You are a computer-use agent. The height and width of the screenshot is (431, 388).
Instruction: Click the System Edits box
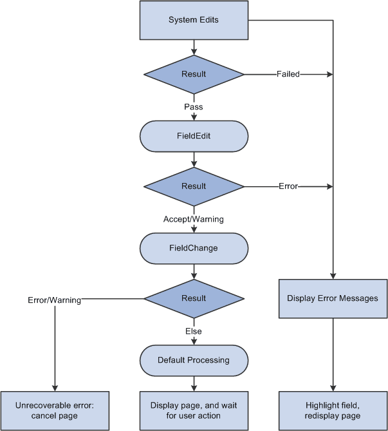click(194, 20)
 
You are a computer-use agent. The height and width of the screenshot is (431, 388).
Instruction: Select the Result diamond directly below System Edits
click(194, 74)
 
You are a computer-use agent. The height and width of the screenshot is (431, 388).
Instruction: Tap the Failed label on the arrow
click(288, 74)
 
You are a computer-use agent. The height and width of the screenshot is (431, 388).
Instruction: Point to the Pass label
click(194, 107)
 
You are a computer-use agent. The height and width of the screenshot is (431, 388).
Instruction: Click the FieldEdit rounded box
click(194, 136)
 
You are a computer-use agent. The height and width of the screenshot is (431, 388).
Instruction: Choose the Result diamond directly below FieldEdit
click(194, 186)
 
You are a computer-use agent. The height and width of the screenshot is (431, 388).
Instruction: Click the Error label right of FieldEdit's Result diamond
click(288, 186)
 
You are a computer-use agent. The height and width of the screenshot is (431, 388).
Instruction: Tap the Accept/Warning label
click(194, 219)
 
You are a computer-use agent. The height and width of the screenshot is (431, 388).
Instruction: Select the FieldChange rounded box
click(194, 248)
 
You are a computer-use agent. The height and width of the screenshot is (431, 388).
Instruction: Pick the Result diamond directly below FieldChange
click(194, 298)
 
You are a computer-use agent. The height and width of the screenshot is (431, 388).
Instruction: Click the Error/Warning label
click(54, 300)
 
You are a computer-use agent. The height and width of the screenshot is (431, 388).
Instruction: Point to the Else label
click(194, 331)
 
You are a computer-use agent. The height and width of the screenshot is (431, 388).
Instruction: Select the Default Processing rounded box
click(194, 360)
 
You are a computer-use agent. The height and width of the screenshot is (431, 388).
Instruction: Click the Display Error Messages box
click(333, 298)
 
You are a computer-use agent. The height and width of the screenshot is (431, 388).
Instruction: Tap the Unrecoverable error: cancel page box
click(54, 410)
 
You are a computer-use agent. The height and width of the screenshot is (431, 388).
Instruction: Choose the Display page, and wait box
click(194, 410)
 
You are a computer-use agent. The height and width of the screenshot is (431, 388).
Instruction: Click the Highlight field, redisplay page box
click(333, 410)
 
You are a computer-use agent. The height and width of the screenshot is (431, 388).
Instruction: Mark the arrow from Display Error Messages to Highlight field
click(333, 354)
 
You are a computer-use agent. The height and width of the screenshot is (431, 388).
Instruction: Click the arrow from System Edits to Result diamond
click(194, 46)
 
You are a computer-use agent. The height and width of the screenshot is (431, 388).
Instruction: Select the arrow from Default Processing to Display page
click(194, 383)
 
